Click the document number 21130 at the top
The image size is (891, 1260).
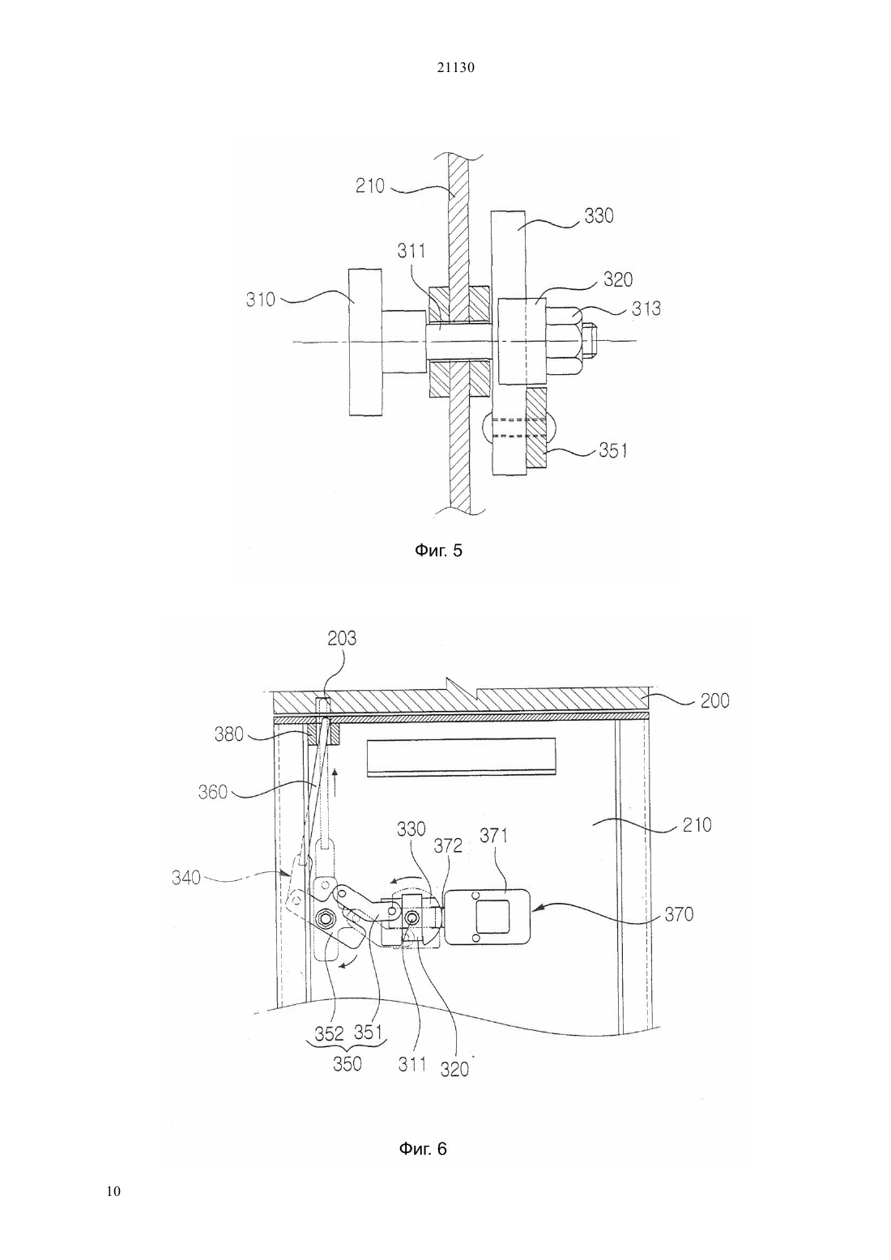(455, 68)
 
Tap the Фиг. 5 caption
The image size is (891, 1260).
(438, 550)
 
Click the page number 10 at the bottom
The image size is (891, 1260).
(113, 1191)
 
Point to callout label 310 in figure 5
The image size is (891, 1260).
(261, 300)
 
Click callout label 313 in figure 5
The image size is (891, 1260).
(646, 309)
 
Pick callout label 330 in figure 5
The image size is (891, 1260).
(599, 216)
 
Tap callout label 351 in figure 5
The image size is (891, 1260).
(613, 450)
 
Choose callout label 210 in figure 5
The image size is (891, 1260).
(369, 185)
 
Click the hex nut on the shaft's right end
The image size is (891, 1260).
(563, 341)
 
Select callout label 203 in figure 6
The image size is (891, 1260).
(342, 638)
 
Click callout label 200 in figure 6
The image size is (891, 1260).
(714, 701)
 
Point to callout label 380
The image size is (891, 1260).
(229, 734)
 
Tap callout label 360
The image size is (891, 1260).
(212, 792)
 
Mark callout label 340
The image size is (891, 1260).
(186, 877)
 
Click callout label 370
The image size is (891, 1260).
(679, 914)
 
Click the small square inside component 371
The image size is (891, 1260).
(492, 917)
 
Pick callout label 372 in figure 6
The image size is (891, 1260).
(448, 845)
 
